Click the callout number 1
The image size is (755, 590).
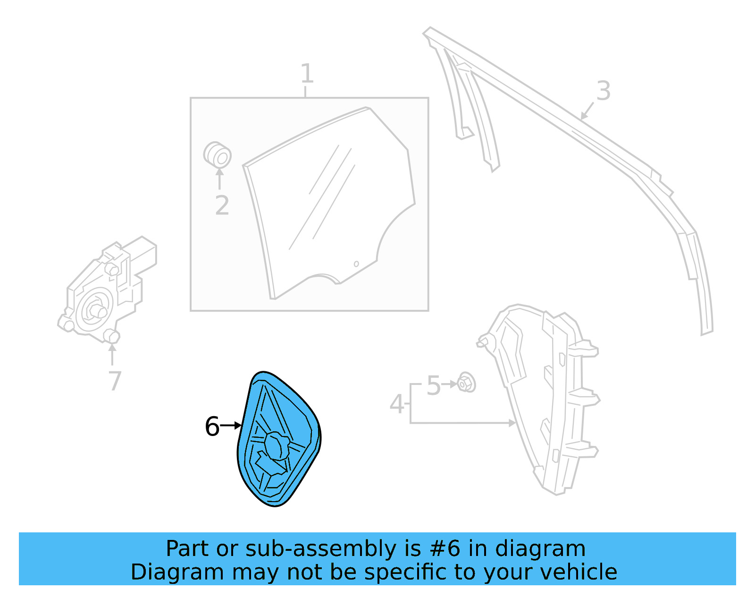pos(307,74)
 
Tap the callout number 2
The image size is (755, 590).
pos(222,205)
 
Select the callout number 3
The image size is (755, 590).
pos(603,91)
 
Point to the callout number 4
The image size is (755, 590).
pos(397,404)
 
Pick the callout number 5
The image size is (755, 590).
pos(433,385)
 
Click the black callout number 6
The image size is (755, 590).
pos(212,427)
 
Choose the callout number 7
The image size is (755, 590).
pos(115,381)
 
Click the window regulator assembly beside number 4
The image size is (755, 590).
pos(543,397)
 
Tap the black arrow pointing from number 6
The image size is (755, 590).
pos(231,426)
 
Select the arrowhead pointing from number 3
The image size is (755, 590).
pos(584,116)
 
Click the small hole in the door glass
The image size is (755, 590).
pos(356,264)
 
